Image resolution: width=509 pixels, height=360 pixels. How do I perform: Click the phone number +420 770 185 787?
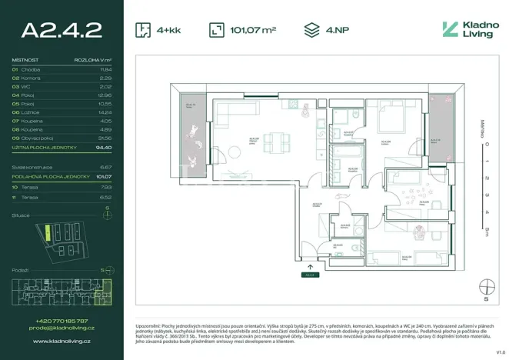pos(62,321)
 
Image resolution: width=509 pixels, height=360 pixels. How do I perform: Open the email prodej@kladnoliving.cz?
pos(62,328)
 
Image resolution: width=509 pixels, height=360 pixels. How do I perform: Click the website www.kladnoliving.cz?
pos(62,339)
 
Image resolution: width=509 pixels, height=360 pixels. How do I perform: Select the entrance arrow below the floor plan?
pos(310,265)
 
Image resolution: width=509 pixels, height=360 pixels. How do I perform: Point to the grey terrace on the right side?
pos(441,128)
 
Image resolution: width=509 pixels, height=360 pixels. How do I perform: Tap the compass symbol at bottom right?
pos(484,287)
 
